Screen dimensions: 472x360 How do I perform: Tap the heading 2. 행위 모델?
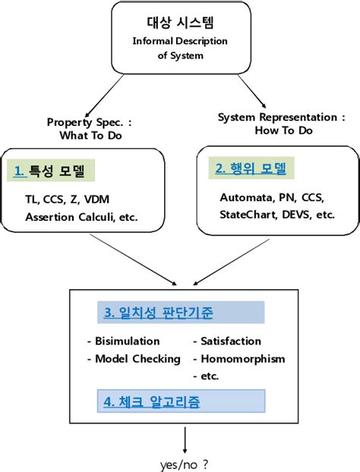pyautogui.click(x=254, y=168)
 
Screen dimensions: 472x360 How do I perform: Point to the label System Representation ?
pyautogui.click(x=281, y=118)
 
